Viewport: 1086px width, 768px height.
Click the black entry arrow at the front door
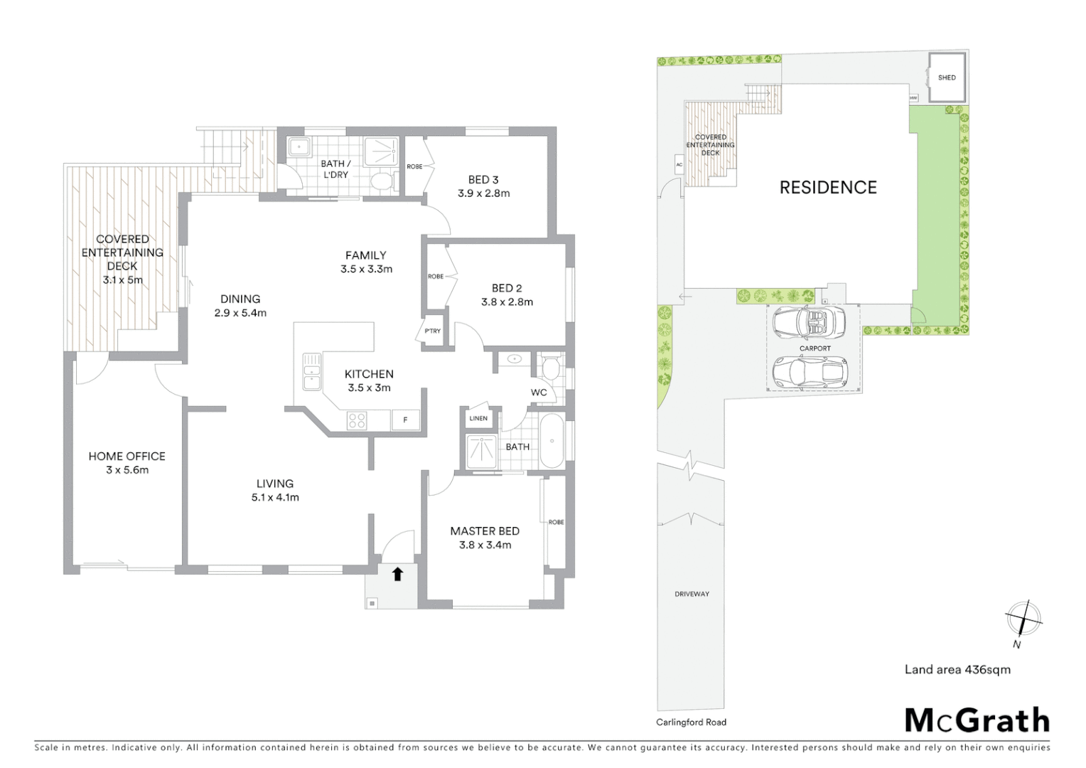397,574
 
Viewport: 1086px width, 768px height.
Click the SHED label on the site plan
947,78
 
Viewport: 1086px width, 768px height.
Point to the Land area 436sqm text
957,669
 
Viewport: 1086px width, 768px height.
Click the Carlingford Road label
691,722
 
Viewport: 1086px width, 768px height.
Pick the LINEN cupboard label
478,418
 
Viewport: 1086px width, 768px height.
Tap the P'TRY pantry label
432,331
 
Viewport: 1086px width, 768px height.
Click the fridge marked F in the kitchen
405,420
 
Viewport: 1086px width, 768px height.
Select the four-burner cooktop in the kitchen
357,420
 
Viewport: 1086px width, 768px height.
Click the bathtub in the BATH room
552,441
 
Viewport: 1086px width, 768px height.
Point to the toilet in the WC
550,368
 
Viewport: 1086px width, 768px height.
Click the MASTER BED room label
485,531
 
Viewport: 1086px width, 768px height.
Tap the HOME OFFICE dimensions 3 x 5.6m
127,470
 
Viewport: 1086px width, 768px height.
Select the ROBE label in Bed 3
414,166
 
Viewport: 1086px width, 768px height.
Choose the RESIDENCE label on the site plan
828,187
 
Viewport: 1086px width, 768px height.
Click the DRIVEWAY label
692,594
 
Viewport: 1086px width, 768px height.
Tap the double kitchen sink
311,372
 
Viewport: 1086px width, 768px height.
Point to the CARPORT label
814,348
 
